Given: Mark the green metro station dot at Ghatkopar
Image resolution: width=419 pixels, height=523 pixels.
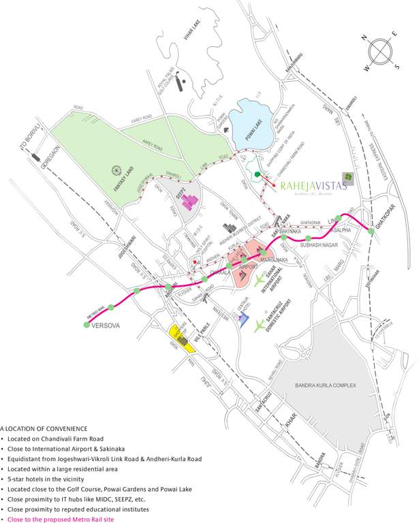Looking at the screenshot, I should [371, 231].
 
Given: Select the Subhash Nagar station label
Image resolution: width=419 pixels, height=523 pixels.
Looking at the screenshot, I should [320, 243].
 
